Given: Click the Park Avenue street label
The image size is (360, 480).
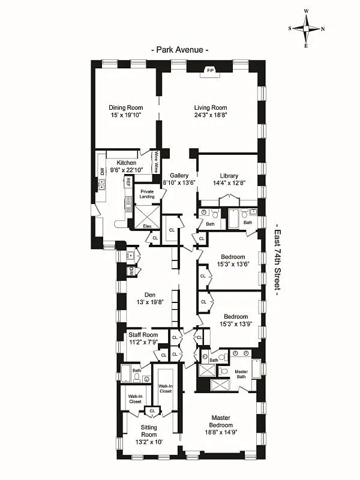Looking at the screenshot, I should [179, 50].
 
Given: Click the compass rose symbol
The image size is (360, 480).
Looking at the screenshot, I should [306, 28].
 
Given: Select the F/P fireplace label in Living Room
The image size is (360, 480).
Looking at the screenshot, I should [210, 71].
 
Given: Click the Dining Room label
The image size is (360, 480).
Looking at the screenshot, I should [125, 107].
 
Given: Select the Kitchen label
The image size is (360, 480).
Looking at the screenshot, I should [126, 163].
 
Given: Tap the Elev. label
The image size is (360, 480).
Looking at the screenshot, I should [146, 226].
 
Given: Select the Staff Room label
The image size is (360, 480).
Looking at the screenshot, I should [143, 335].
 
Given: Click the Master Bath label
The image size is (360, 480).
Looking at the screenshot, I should [241, 374].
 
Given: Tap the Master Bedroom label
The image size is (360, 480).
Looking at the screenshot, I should [221, 421].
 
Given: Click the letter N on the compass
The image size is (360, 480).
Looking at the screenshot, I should [322, 29].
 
